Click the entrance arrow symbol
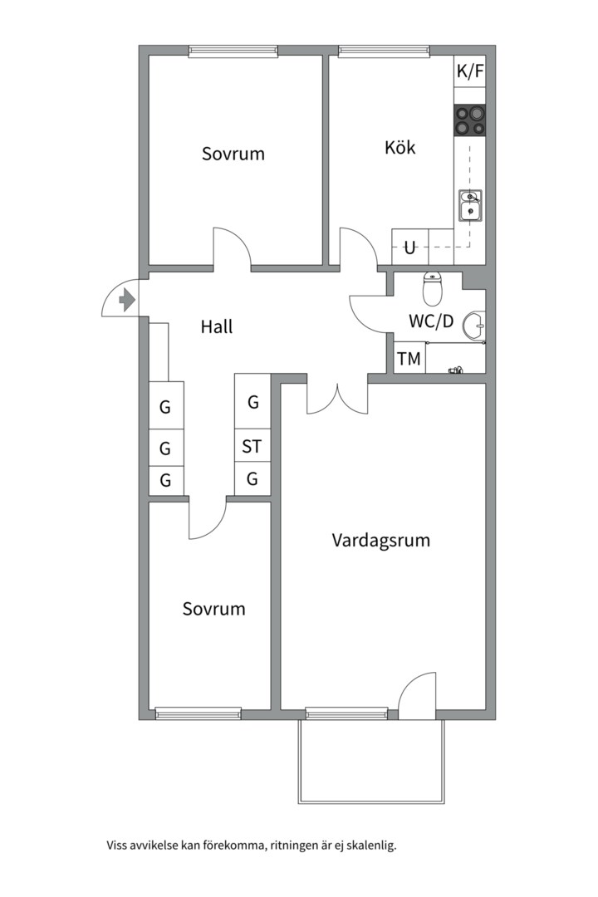(x=127, y=299)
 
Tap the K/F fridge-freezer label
(x=470, y=71)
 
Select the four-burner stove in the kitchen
(x=470, y=120)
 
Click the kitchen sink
(x=470, y=205)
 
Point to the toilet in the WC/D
(x=433, y=288)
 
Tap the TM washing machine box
(x=409, y=359)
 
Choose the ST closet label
(x=252, y=446)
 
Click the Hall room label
(x=217, y=326)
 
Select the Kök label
(x=400, y=147)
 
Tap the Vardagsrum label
(x=381, y=540)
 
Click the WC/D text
(x=431, y=321)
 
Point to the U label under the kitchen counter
(x=409, y=248)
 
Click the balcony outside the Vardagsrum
(x=370, y=761)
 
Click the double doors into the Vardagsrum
(x=338, y=398)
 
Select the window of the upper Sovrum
(x=233, y=51)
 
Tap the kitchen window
(x=384, y=51)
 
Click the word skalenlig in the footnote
(x=370, y=846)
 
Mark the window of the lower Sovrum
(x=198, y=713)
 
